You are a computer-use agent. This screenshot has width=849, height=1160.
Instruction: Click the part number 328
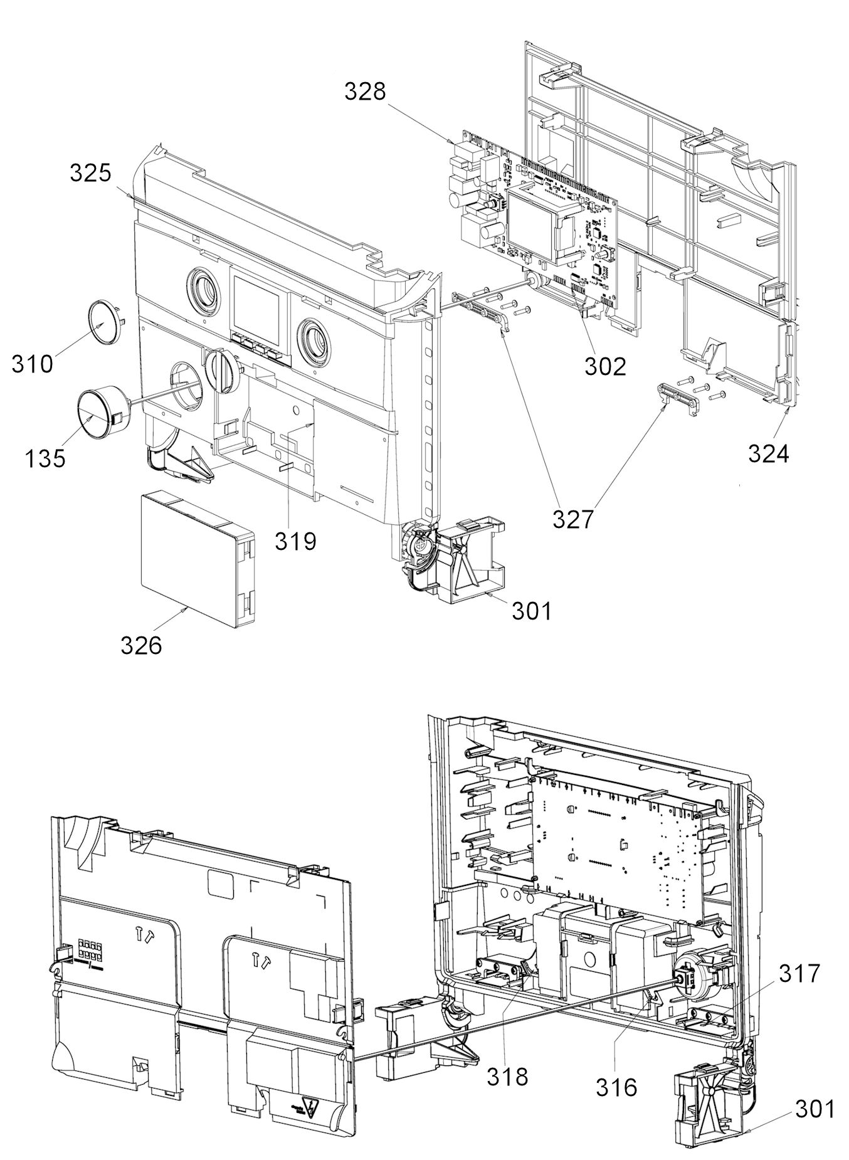(365, 92)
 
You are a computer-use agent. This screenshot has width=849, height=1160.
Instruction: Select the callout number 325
(90, 172)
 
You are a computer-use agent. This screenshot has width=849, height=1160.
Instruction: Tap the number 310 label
(33, 363)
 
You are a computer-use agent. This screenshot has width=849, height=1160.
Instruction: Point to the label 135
(45, 458)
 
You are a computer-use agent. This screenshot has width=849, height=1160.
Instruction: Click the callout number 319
(295, 540)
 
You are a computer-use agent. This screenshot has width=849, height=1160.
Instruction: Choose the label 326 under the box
(141, 645)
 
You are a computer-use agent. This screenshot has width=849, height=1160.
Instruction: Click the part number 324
(768, 453)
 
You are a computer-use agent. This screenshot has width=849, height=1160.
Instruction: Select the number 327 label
(572, 519)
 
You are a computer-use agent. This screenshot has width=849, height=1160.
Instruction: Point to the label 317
(799, 974)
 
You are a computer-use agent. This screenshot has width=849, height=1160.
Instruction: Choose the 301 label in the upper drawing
(532, 610)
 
